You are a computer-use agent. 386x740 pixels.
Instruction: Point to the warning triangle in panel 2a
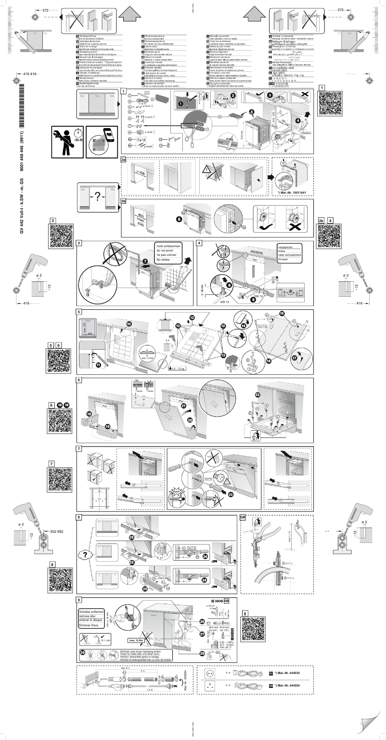(208, 170)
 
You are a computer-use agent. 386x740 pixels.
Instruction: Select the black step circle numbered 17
(294, 358)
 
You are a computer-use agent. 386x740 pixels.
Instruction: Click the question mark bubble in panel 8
(85, 555)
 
